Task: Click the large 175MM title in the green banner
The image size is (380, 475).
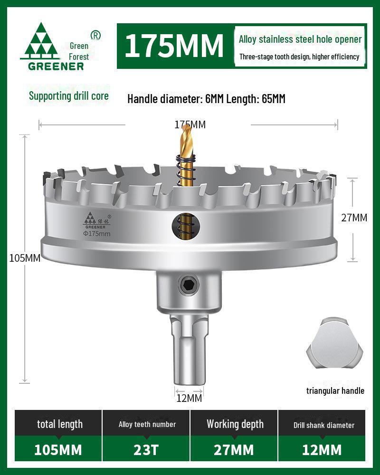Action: (x=174, y=46)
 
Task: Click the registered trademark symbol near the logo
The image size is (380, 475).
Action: (x=95, y=35)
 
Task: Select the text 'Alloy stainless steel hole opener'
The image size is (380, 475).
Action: (x=300, y=39)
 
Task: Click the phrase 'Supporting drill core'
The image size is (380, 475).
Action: (x=69, y=96)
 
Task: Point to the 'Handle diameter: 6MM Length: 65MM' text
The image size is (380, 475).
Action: (x=206, y=99)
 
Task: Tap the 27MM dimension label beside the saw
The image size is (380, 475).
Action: (x=354, y=218)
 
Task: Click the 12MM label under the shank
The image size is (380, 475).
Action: (x=189, y=398)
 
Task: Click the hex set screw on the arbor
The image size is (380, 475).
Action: (x=189, y=285)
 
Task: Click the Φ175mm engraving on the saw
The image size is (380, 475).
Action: (x=97, y=234)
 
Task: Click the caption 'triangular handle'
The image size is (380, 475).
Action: (x=335, y=391)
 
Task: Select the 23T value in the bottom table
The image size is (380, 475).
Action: (x=146, y=449)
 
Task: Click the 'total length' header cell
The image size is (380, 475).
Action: (x=59, y=424)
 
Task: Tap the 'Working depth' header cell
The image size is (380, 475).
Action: (x=235, y=424)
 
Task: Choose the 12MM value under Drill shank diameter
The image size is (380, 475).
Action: (x=322, y=449)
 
